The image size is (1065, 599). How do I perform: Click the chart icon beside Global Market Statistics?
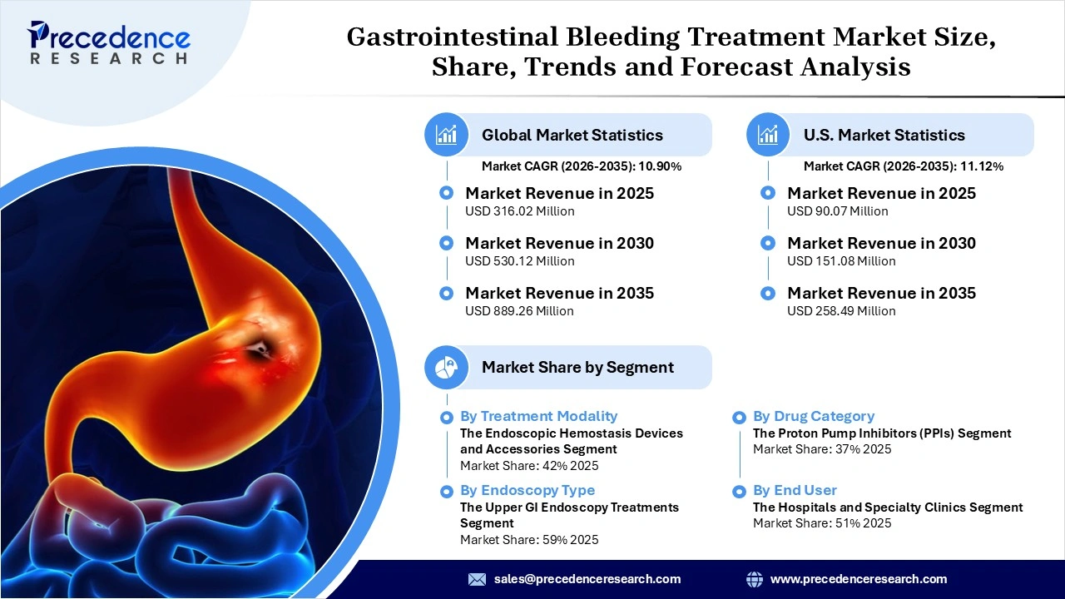coord(446,135)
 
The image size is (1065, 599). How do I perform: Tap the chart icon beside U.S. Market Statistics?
coord(768,135)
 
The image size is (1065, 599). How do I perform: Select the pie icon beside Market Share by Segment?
coord(446,367)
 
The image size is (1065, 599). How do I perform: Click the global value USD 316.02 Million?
coord(519,211)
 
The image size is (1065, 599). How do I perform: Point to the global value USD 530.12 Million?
coord(519,261)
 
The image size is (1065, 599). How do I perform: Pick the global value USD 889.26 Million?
coord(519,311)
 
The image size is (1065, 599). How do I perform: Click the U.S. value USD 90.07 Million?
coord(837,211)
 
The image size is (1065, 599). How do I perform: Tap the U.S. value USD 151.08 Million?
coord(841,261)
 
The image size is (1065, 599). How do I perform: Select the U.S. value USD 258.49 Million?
coord(841,311)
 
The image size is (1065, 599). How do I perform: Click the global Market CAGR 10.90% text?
coord(582,166)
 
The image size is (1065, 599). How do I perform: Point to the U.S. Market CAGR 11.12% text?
coord(903,166)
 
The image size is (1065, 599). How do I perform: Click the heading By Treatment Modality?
coord(538,416)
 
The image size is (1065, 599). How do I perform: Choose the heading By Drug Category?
coord(813,416)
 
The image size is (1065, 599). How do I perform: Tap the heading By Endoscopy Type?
coord(528,490)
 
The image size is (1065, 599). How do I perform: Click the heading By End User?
coord(795,490)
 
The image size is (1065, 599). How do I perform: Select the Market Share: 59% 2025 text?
coord(528,540)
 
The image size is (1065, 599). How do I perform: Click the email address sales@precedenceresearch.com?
coord(587,579)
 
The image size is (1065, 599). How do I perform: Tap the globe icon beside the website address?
coord(755,579)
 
